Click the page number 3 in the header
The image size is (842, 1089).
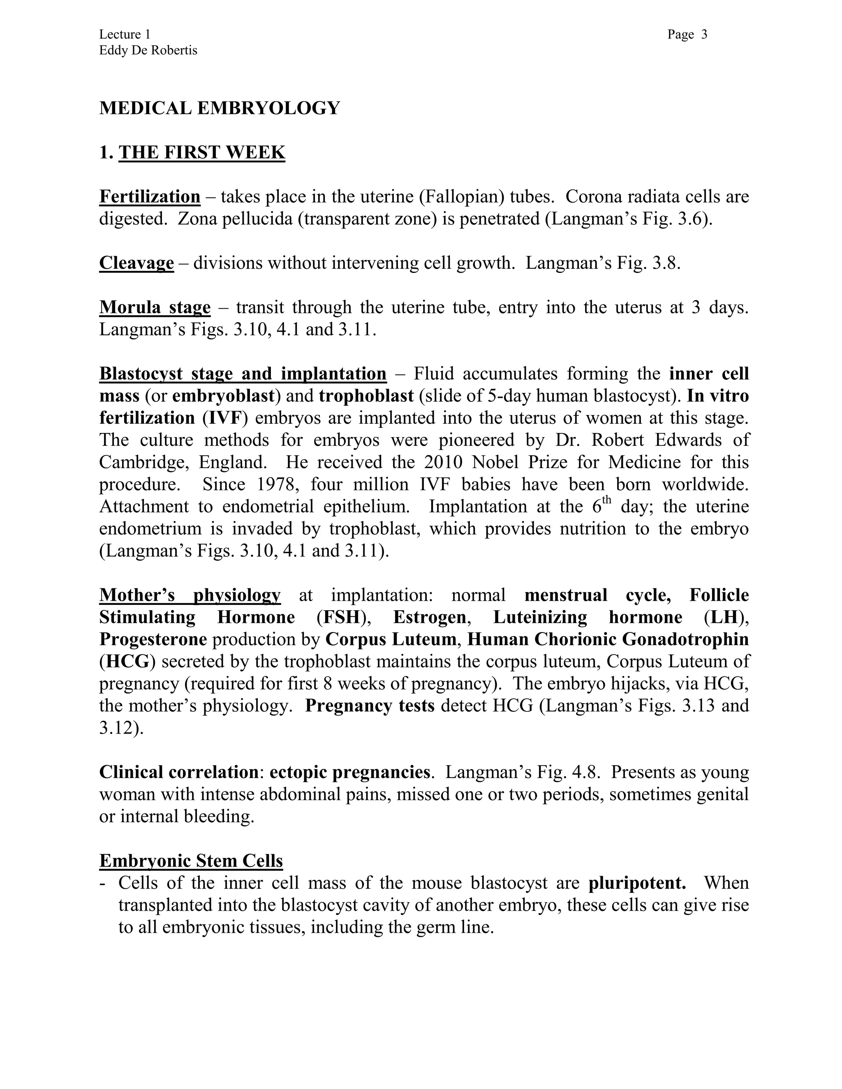coord(704,35)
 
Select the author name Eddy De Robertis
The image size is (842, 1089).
coord(148,51)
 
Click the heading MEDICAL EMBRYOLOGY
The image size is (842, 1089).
coord(220,108)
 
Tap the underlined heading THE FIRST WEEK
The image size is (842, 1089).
coord(201,152)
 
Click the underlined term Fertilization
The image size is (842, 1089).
coord(150,197)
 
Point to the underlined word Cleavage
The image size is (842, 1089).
coord(136,263)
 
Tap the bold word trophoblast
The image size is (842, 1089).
coord(366,396)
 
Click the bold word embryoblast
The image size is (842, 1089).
coord(224,396)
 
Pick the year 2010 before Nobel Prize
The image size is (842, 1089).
coord(444,462)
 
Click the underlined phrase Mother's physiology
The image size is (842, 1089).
coord(190,595)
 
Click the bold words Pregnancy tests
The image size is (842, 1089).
coord(370,706)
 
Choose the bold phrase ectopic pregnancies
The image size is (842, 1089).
coord(350,772)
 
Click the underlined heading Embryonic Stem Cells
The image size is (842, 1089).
coord(191,861)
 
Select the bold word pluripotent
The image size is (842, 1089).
coord(637,883)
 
